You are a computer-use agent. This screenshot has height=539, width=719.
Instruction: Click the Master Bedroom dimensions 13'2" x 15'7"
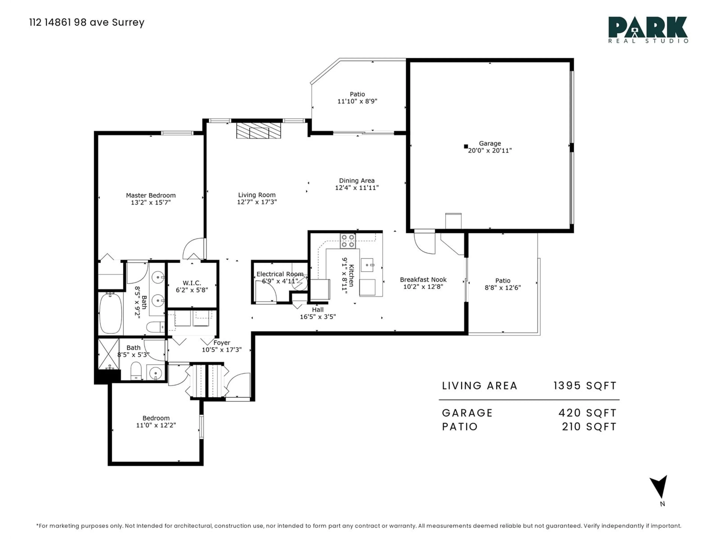click(x=151, y=202)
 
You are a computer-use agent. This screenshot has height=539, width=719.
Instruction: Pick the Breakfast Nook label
click(x=423, y=279)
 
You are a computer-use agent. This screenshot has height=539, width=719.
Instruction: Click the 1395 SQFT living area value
click(x=585, y=386)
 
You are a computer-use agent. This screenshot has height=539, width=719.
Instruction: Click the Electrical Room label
click(x=280, y=274)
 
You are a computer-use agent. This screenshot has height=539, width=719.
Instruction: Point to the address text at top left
click(x=87, y=22)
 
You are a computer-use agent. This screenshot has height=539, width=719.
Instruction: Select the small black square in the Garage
click(x=466, y=147)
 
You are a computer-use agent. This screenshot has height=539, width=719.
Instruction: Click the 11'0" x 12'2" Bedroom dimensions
click(x=156, y=425)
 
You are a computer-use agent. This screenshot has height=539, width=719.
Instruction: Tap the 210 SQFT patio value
click(x=589, y=427)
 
